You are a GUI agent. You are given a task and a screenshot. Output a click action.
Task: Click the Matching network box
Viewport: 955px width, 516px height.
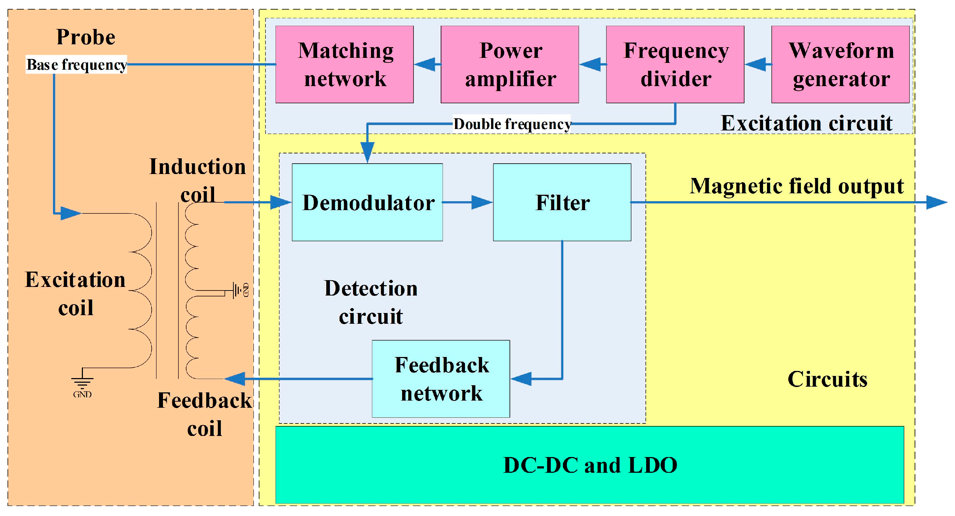click(345, 64)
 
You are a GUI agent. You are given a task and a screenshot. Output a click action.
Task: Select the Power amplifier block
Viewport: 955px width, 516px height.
click(510, 64)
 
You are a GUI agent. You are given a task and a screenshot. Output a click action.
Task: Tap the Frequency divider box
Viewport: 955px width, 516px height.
click(675, 64)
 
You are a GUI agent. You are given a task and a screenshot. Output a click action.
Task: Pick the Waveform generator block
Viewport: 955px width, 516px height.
click(840, 64)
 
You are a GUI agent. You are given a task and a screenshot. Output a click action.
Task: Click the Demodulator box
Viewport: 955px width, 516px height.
click(367, 202)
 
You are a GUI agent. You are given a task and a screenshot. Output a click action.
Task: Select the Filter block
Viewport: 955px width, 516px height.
click(562, 202)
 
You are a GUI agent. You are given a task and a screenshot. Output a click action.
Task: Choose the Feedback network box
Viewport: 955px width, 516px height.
click(441, 379)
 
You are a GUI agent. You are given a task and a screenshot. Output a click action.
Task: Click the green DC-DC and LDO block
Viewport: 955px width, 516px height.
click(589, 465)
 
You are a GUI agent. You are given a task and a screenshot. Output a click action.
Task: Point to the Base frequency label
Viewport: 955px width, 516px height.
click(76, 64)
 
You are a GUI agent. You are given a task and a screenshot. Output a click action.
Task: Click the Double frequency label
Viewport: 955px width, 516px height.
click(512, 124)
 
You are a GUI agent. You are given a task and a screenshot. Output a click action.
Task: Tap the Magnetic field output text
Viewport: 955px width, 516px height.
click(796, 186)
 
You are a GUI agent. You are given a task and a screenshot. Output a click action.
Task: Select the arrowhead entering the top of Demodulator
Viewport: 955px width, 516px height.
click(367, 152)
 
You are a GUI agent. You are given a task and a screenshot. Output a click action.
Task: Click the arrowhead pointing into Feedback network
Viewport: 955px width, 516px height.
click(521, 379)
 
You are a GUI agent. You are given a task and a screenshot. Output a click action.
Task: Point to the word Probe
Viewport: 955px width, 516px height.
click(86, 37)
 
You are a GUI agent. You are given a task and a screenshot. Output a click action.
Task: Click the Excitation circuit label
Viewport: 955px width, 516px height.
click(806, 123)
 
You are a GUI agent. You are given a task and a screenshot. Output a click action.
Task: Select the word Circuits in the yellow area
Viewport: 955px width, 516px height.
click(827, 379)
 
